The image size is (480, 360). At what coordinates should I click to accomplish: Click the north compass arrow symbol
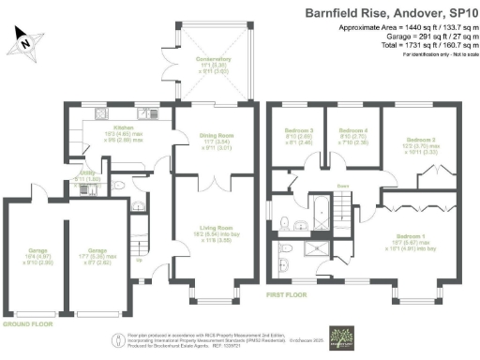pyautogui.click(x=26, y=38)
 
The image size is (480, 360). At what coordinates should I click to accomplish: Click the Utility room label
pyautogui.click(x=83, y=176)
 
